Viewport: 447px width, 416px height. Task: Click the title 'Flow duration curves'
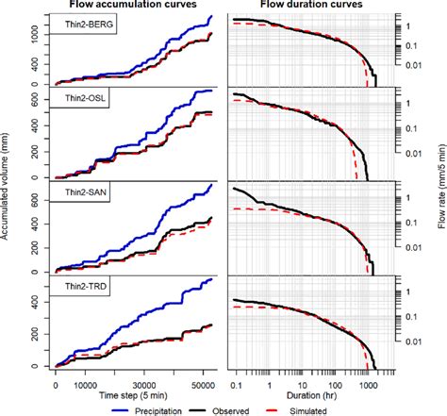coord(311,7)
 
